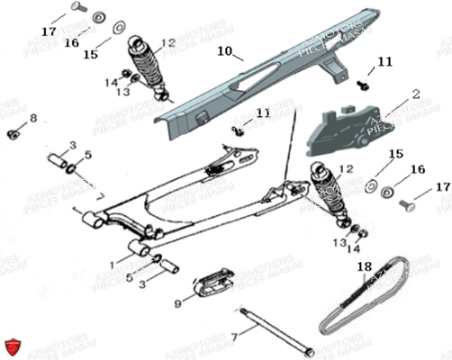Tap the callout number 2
(x=416, y=93)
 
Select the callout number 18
(x=363, y=266)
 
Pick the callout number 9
(x=177, y=305)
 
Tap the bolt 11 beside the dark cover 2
(x=366, y=84)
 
